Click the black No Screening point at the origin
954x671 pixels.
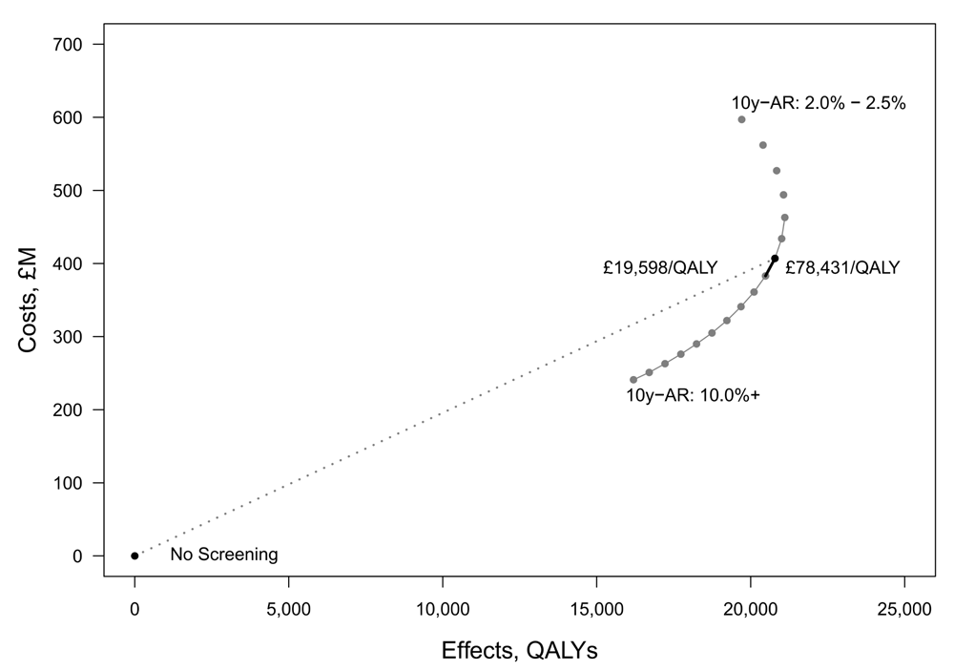coord(135,556)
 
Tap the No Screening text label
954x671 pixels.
coord(224,555)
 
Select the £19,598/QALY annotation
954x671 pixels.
coord(660,268)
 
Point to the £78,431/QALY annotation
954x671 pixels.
coord(842,268)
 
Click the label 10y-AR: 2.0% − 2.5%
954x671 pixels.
coord(819,103)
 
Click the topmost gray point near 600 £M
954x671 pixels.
coord(741,119)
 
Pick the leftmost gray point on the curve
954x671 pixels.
coord(633,380)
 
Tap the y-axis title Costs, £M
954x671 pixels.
coord(28,300)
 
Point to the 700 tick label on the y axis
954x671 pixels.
coord(68,45)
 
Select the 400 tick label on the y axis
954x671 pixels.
coord(68,263)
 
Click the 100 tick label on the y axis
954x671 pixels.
coord(68,483)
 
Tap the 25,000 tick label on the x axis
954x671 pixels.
coord(904,608)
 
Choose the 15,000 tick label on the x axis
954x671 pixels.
coord(596,608)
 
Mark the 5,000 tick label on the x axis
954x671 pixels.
coord(289,608)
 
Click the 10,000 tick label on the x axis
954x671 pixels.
coord(443,608)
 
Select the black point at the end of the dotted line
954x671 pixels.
coord(775,258)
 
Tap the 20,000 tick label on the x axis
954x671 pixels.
coord(751,608)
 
